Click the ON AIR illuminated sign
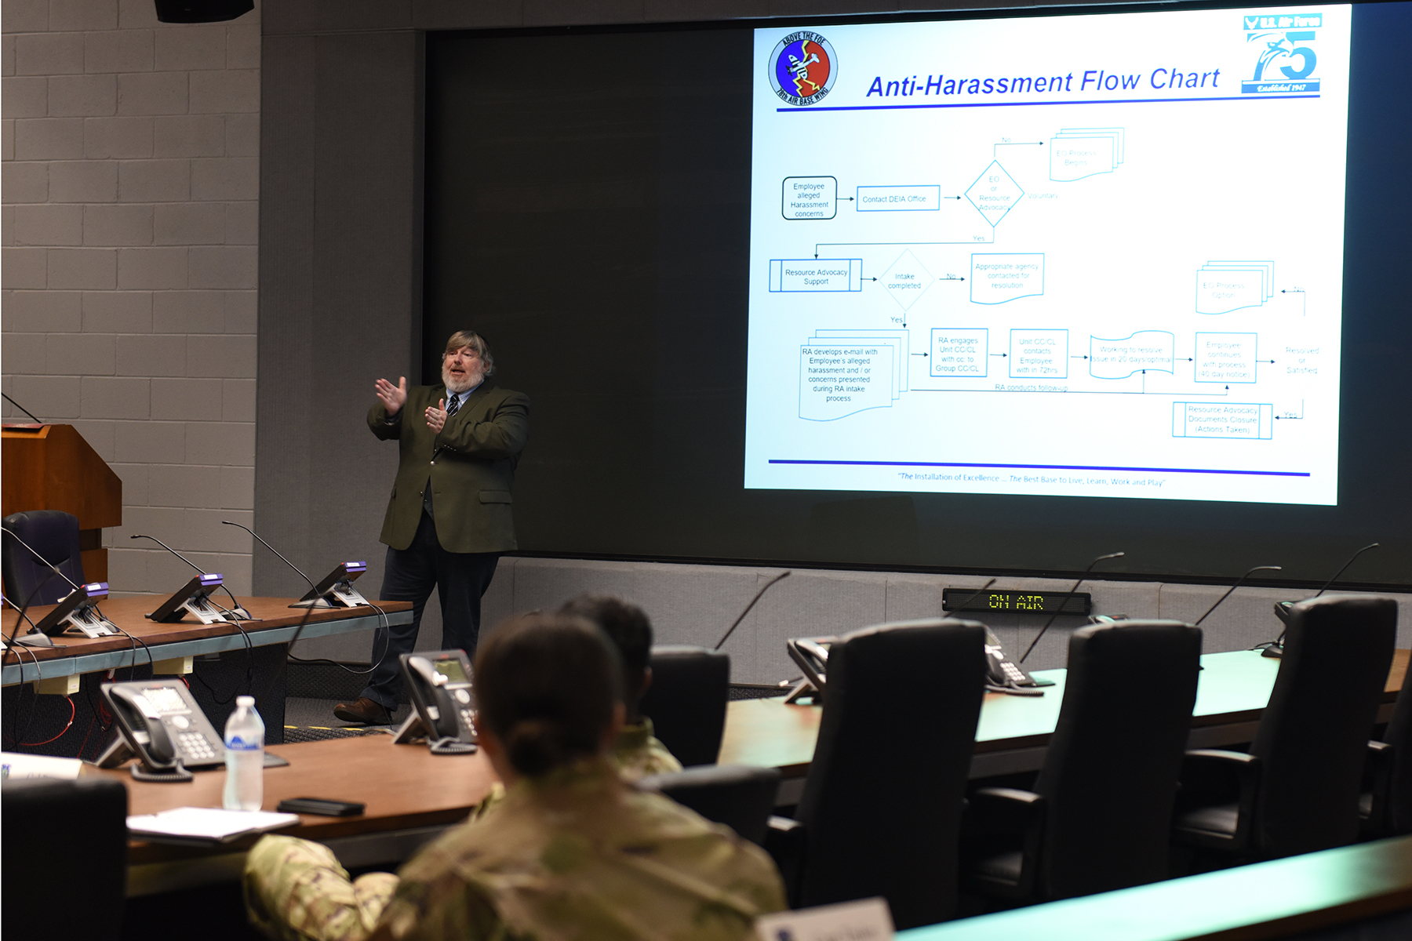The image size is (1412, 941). (x=1016, y=601)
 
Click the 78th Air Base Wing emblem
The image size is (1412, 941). (x=802, y=68)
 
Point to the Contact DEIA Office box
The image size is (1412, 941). (x=897, y=198)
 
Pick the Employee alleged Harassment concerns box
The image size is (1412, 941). (x=809, y=198)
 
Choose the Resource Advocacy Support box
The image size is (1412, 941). (x=816, y=276)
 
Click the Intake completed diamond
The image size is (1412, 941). (x=904, y=281)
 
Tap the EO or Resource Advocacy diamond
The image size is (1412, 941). (x=994, y=194)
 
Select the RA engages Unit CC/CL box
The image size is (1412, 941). (x=958, y=353)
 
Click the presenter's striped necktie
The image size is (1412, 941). (x=453, y=405)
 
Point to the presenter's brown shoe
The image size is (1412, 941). (x=362, y=710)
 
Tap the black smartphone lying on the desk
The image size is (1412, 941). (x=321, y=806)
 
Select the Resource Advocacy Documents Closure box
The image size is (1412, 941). (x=1221, y=420)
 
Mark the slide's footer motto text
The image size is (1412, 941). (x=1031, y=478)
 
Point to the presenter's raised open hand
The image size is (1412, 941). (x=391, y=393)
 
